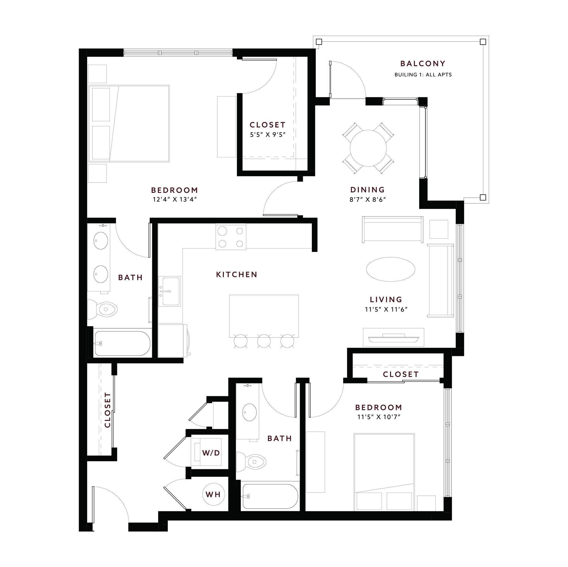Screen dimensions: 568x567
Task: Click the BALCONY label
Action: point(423,64)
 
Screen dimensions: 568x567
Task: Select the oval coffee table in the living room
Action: point(391,269)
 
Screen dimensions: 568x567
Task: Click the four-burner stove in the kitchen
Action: point(231,237)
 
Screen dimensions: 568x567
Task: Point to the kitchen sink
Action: point(169,291)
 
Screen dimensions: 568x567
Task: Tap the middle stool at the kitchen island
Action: point(264,341)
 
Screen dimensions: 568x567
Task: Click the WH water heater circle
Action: point(213,494)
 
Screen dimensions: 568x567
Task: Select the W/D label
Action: point(211,453)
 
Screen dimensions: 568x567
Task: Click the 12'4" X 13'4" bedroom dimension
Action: point(175,199)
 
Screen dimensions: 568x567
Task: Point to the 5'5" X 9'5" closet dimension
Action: point(268,135)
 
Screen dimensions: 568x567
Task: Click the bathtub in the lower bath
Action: point(270,496)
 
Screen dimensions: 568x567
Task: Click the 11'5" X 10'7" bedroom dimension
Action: point(379,417)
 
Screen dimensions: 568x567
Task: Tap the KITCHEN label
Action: point(237,275)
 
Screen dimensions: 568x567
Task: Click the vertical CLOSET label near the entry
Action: point(108,410)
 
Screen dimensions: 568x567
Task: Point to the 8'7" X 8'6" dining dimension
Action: point(367,199)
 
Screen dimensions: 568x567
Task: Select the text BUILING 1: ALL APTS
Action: point(423,75)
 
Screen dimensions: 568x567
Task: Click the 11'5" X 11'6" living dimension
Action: point(386,309)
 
